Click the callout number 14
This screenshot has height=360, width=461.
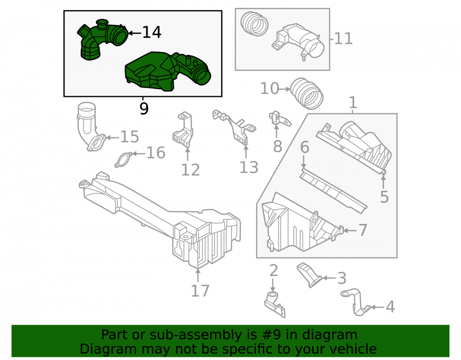152,32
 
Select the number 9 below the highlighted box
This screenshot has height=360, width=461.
144,109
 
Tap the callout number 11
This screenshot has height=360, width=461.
343,39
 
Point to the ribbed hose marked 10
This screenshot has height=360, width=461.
307,94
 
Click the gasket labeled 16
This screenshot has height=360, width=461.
124,160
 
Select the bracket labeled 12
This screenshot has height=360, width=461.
183,130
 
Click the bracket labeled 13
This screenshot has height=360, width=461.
234,127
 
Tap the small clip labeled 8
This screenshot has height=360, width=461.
279,118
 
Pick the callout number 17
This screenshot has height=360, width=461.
200,291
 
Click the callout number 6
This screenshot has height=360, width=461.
305,147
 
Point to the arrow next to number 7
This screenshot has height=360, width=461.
350,230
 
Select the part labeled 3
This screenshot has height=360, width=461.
310,275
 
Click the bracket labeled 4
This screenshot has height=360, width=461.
355,302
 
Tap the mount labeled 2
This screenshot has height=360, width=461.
275,305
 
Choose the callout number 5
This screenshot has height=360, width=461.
384,197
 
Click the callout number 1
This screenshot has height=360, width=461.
353,103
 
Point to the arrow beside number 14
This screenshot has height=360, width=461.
135,33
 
